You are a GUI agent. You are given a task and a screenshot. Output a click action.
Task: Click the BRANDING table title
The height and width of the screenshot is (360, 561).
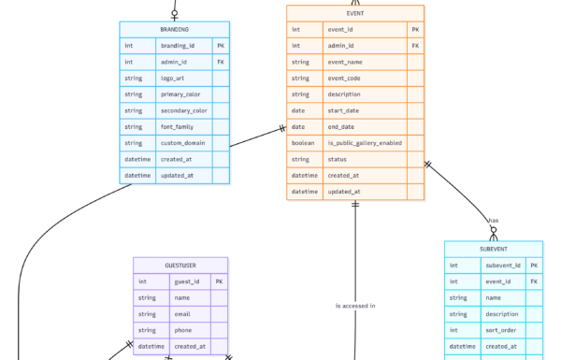point(174,30)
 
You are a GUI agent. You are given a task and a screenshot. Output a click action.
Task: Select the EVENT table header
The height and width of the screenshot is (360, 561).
point(354,14)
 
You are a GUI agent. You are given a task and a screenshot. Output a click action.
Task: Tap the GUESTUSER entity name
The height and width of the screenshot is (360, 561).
point(180,266)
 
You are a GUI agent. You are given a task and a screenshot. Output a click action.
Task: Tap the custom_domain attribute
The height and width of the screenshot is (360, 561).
point(184,142)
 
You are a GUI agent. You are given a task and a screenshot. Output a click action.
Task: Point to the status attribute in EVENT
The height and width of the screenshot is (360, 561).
point(338,159)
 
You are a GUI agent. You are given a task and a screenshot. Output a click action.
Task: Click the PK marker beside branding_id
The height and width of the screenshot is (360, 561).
point(221,46)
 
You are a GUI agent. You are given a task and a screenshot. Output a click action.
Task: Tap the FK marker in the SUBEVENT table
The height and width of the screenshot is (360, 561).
point(534,281)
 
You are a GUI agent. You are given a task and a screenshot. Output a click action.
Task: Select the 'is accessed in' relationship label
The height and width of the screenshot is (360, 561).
point(354,306)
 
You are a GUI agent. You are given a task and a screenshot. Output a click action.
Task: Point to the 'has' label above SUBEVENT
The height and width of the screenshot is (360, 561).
point(493,222)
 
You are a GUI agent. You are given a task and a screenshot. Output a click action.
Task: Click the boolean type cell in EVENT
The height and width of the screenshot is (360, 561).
point(304,143)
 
